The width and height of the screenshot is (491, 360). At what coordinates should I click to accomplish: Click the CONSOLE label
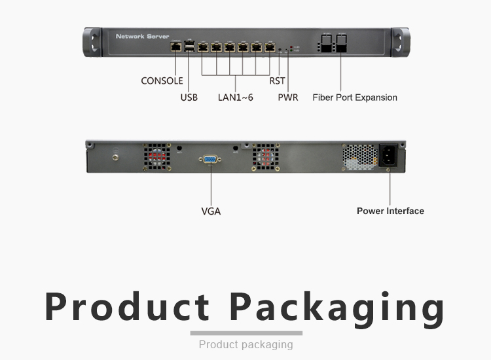(x=162, y=81)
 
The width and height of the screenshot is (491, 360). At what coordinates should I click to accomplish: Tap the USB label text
(x=189, y=98)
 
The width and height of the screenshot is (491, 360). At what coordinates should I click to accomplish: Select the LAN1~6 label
(x=235, y=98)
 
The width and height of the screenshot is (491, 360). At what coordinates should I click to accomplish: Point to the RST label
(x=277, y=81)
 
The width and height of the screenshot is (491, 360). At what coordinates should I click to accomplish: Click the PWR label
(x=288, y=98)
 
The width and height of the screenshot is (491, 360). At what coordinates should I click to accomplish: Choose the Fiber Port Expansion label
(x=355, y=98)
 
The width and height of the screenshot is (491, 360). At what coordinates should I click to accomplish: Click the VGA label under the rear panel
(x=211, y=211)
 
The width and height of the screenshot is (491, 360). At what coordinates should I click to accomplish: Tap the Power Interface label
(x=390, y=211)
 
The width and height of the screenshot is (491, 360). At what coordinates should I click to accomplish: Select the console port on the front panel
(x=175, y=47)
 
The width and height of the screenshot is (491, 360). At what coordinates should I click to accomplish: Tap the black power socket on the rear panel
(x=388, y=156)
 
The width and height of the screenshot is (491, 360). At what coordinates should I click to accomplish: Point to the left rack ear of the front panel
(x=92, y=43)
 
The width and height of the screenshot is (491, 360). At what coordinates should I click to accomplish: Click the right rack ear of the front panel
(x=399, y=43)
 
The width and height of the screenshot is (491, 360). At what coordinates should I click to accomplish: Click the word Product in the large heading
(x=128, y=306)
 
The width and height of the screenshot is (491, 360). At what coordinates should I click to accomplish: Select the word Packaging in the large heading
(x=338, y=307)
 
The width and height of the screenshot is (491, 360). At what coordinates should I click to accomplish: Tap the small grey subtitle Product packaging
(x=245, y=344)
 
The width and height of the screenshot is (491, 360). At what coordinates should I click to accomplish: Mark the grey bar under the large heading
(x=245, y=333)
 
